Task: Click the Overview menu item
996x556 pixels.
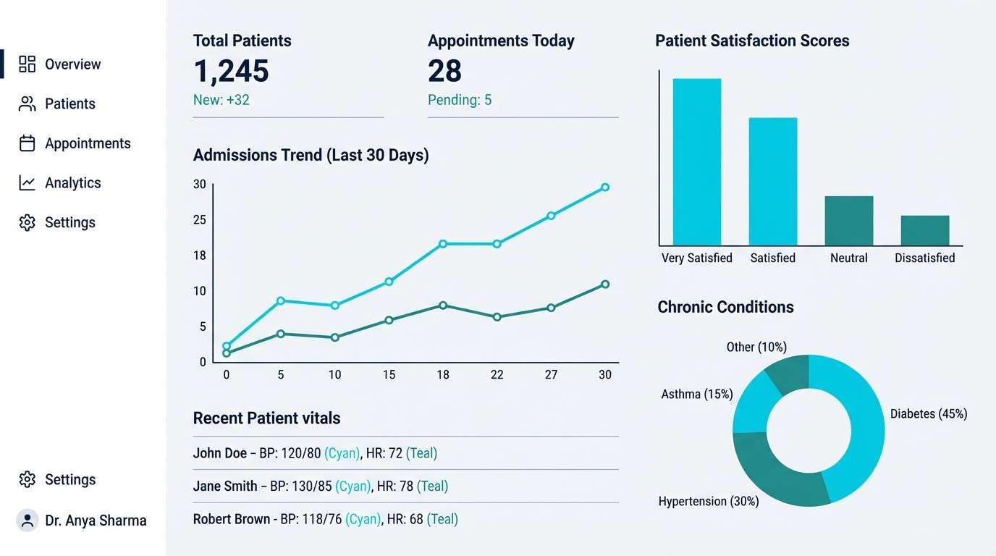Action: tap(72, 64)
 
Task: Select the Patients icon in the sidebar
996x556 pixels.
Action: tap(27, 104)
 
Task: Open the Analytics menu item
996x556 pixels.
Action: tap(72, 183)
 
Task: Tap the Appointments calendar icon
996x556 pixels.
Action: tap(27, 143)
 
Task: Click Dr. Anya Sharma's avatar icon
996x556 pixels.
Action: tap(28, 520)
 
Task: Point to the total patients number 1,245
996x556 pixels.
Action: tap(231, 71)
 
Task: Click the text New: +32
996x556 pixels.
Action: tap(221, 100)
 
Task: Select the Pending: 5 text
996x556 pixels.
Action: tap(459, 100)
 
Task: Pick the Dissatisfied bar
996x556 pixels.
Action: tap(924, 230)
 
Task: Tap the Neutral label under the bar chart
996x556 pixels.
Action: tap(848, 258)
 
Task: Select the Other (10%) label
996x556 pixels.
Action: tap(756, 347)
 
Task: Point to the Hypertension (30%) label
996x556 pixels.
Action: tap(708, 501)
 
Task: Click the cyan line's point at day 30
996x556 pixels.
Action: tap(605, 188)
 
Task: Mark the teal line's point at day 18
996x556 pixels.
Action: tap(443, 306)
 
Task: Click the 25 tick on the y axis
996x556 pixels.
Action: tap(200, 220)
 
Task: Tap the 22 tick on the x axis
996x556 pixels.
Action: tap(497, 374)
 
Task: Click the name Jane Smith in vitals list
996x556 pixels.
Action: tap(224, 486)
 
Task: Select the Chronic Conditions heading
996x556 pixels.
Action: tap(725, 307)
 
